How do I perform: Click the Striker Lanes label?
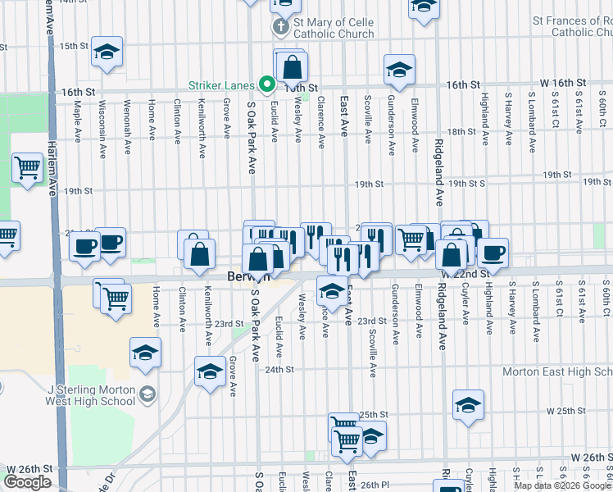[x=221, y=84]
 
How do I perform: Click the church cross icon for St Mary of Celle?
[x=280, y=27]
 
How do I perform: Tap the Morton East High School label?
[x=557, y=371]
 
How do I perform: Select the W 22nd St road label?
[x=465, y=273]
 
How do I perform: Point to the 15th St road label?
[x=74, y=46]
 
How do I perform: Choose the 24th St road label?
[x=279, y=369]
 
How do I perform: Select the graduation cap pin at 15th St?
[x=107, y=52]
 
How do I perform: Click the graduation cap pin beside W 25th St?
[x=468, y=405]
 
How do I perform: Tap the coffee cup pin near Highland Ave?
[x=493, y=253]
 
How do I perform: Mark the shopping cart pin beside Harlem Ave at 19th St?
[x=27, y=168]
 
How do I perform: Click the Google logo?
[x=27, y=482]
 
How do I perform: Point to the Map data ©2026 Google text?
[x=562, y=485]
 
